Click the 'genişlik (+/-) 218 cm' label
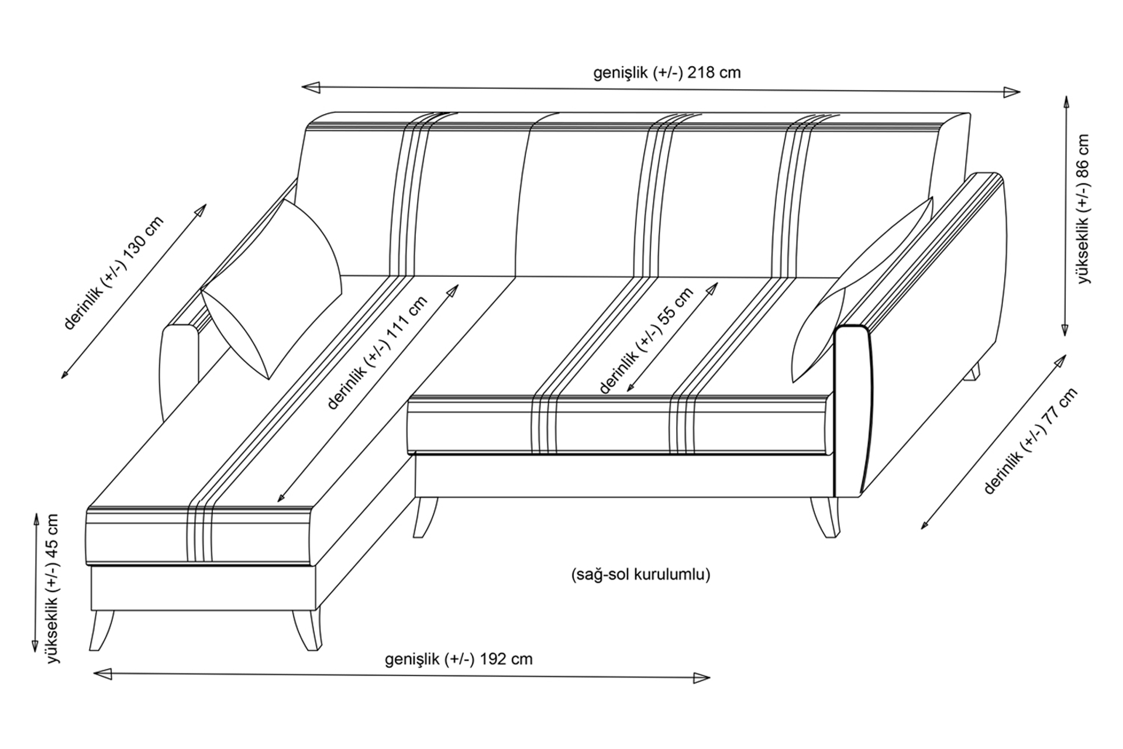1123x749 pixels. tap(667, 73)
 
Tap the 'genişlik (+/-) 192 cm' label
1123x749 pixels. tap(459, 659)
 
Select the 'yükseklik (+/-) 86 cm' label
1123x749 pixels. tap(1084, 209)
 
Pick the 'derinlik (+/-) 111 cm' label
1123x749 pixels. tap(377, 353)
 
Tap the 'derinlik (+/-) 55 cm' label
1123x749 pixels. tap(646, 341)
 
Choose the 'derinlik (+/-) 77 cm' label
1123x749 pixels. tap(1031, 441)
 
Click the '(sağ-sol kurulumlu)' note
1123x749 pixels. tap(640, 574)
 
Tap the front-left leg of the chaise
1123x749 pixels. tap(102, 630)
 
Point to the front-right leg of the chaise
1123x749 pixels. tap(308, 630)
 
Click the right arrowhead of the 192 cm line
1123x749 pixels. tap(701, 678)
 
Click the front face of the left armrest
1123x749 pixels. tap(179, 372)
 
